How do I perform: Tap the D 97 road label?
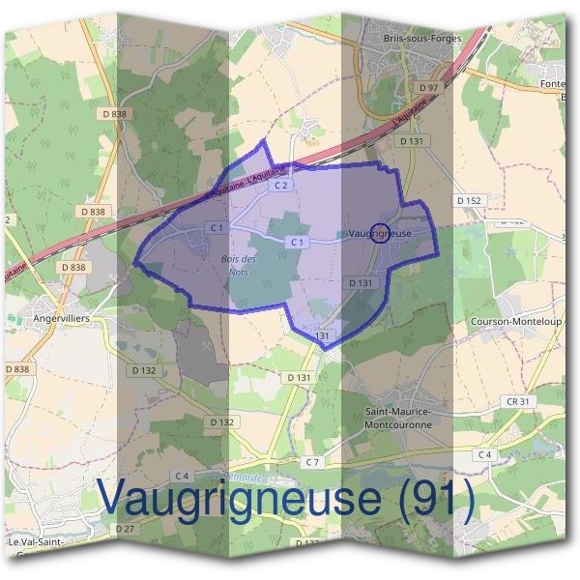point(428,88)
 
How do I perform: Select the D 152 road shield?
point(468,200)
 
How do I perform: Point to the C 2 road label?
point(281,184)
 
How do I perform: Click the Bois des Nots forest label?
point(239,265)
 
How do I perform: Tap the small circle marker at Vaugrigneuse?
point(380,233)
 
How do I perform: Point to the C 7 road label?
point(311,462)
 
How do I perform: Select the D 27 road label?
point(124,529)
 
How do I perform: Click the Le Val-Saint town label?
point(35,542)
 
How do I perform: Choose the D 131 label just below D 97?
point(412,140)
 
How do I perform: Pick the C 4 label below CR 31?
point(484,453)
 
